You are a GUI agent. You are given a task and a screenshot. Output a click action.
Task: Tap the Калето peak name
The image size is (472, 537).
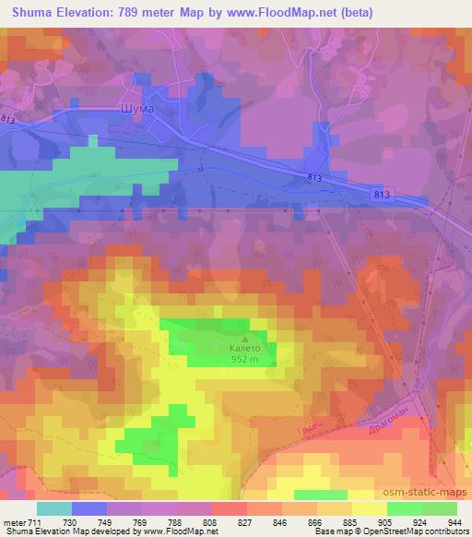(245, 349)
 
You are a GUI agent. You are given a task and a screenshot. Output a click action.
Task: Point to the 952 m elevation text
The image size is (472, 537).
(245, 361)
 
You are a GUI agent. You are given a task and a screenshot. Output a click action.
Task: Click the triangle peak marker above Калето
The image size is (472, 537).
(245, 337)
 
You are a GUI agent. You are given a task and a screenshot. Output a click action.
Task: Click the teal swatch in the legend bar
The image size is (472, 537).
(55, 508)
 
